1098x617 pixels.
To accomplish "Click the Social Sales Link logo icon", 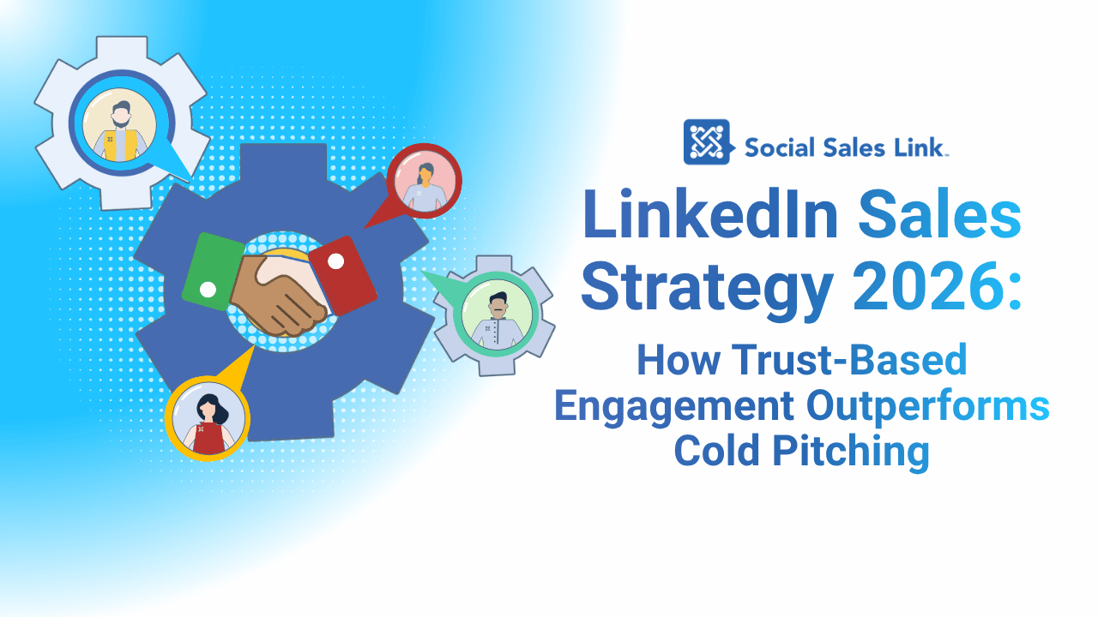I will tap(707, 141).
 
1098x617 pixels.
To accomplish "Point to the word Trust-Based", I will tap(850, 361).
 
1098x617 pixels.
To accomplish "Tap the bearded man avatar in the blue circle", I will tap(119, 129).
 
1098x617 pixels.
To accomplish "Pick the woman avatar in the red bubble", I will tap(425, 182).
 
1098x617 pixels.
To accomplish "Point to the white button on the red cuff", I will tap(336, 260).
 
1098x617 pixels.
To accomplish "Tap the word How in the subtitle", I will tap(671, 361).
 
